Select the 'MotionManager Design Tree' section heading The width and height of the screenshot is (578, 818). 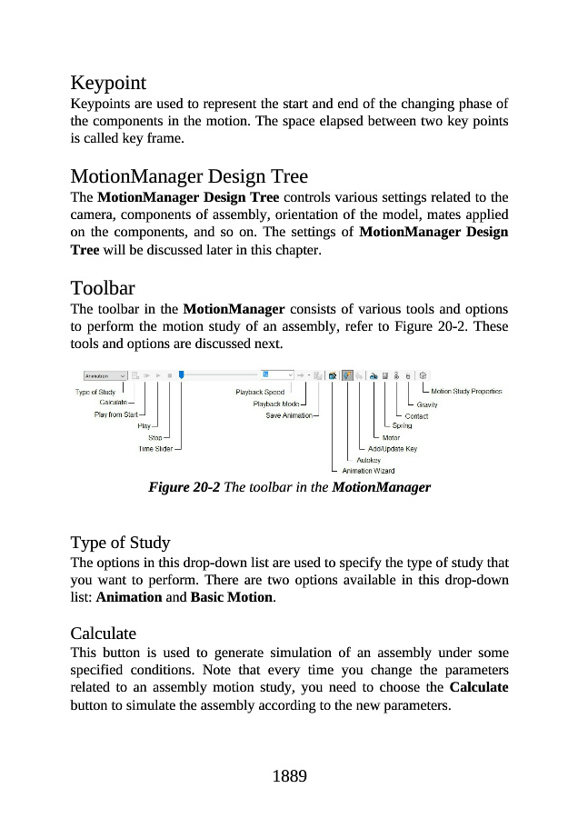[x=189, y=176]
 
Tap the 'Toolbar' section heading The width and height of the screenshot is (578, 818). [x=103, y=289]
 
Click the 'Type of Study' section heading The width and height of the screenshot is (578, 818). [x=120, y=543]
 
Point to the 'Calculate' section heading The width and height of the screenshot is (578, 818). [x=103, y=633]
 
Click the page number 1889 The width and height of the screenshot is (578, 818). [x=289, y=776]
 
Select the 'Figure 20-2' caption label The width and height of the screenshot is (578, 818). [x=184, y=488]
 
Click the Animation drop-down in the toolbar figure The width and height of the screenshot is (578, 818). [x=105, y=374]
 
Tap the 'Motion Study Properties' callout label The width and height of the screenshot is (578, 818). [x=465, y=392]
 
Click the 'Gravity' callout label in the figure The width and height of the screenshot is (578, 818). [x=427, y=404]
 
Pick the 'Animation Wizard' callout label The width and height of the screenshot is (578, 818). [x=367, y=471]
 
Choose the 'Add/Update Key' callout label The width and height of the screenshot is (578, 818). [x=393, y=449]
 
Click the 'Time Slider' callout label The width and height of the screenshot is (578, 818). [x=155, y=448]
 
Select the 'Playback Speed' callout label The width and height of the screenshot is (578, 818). [x=260, y=393]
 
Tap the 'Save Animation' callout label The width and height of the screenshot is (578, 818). [x=288, y=415]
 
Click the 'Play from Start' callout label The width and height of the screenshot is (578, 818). [x=115, y=414]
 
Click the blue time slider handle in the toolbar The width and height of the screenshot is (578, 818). [x=182, y=374]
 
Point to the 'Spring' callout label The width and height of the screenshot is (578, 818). [x=401, y=426]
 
